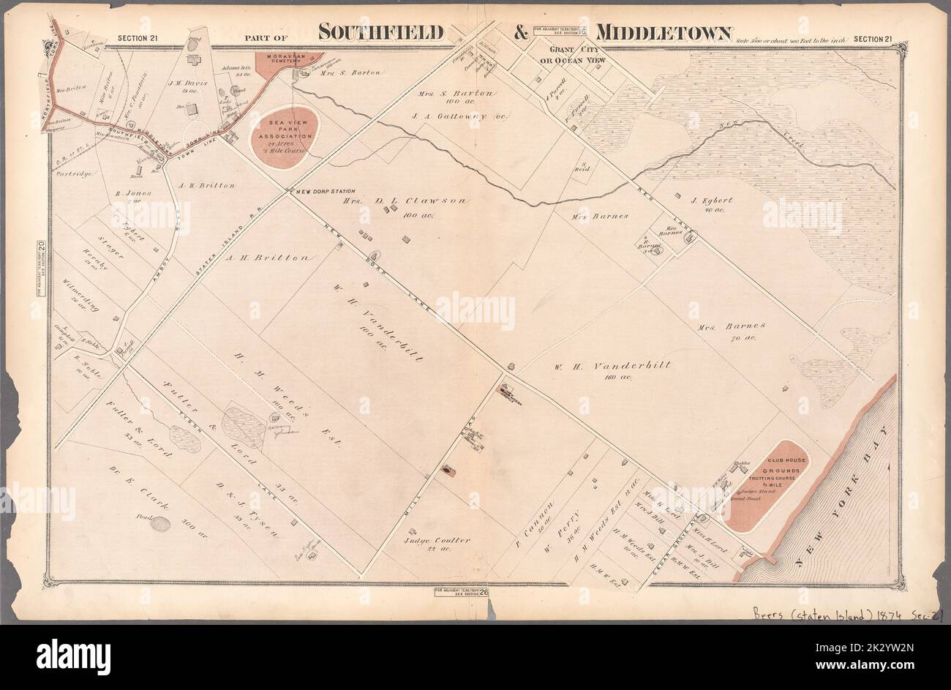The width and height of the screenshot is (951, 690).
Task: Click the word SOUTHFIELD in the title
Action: [381, 33]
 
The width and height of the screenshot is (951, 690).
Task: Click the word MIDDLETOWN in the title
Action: [664, 33]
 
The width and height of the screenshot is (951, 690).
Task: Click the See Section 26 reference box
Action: [460, 590]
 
